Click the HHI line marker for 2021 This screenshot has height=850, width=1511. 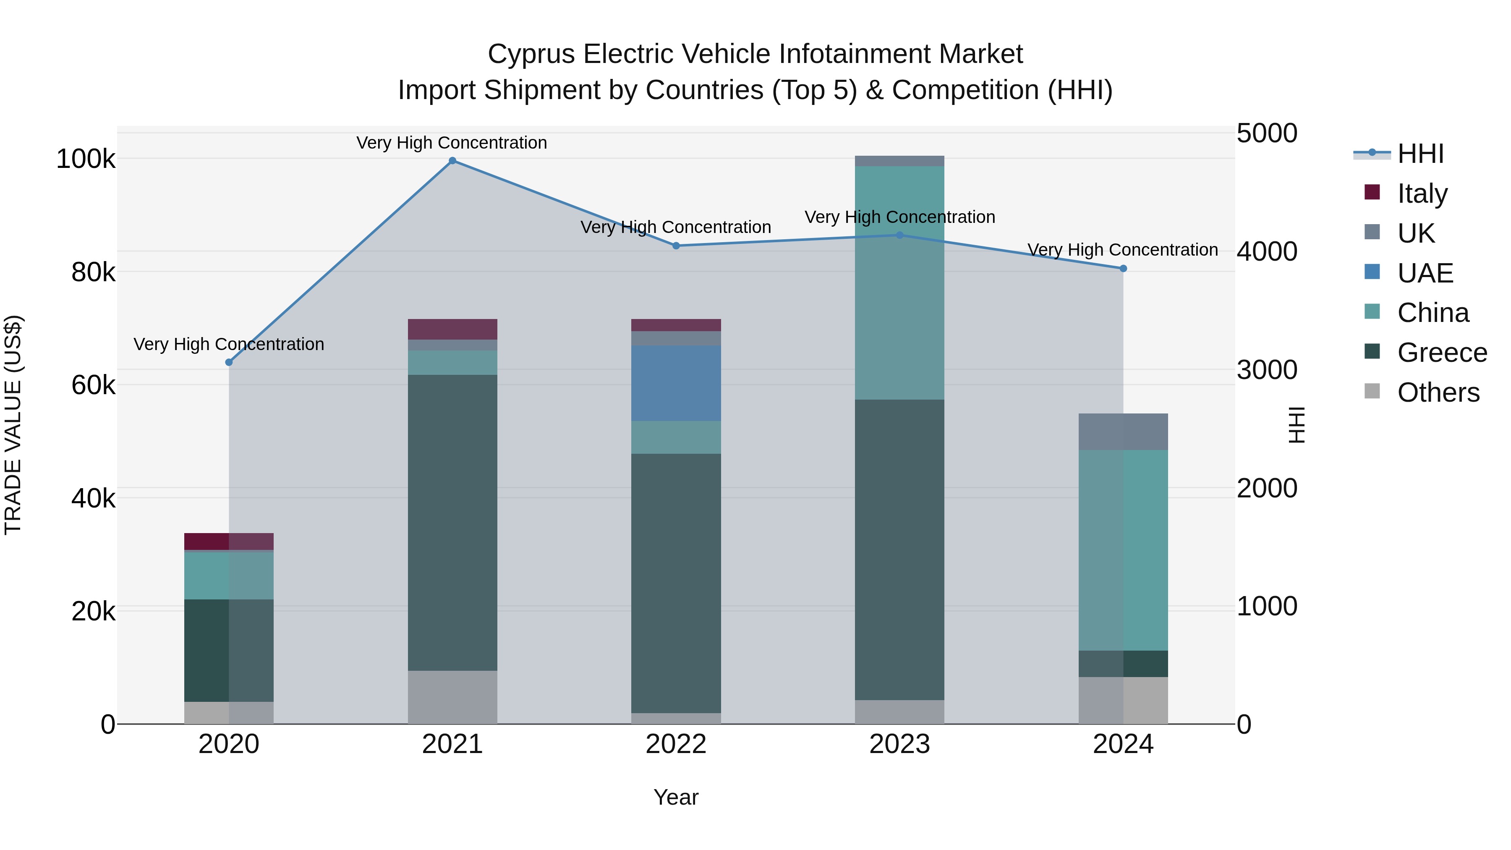452,161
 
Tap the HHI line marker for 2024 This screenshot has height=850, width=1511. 1123,269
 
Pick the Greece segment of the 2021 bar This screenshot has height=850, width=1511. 452,522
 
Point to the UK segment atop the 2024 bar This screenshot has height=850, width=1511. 1123,432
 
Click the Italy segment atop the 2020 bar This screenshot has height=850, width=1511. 229,541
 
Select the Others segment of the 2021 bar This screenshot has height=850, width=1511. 452,697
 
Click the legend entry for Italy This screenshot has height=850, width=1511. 1422,194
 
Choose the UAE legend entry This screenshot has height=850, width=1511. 1425,273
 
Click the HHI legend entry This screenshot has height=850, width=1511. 1420,154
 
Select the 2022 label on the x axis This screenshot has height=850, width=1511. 676,744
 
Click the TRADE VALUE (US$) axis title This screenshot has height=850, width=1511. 13,425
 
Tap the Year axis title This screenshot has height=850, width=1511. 676,797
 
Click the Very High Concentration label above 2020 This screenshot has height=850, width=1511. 229,344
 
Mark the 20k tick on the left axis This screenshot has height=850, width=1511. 93,612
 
